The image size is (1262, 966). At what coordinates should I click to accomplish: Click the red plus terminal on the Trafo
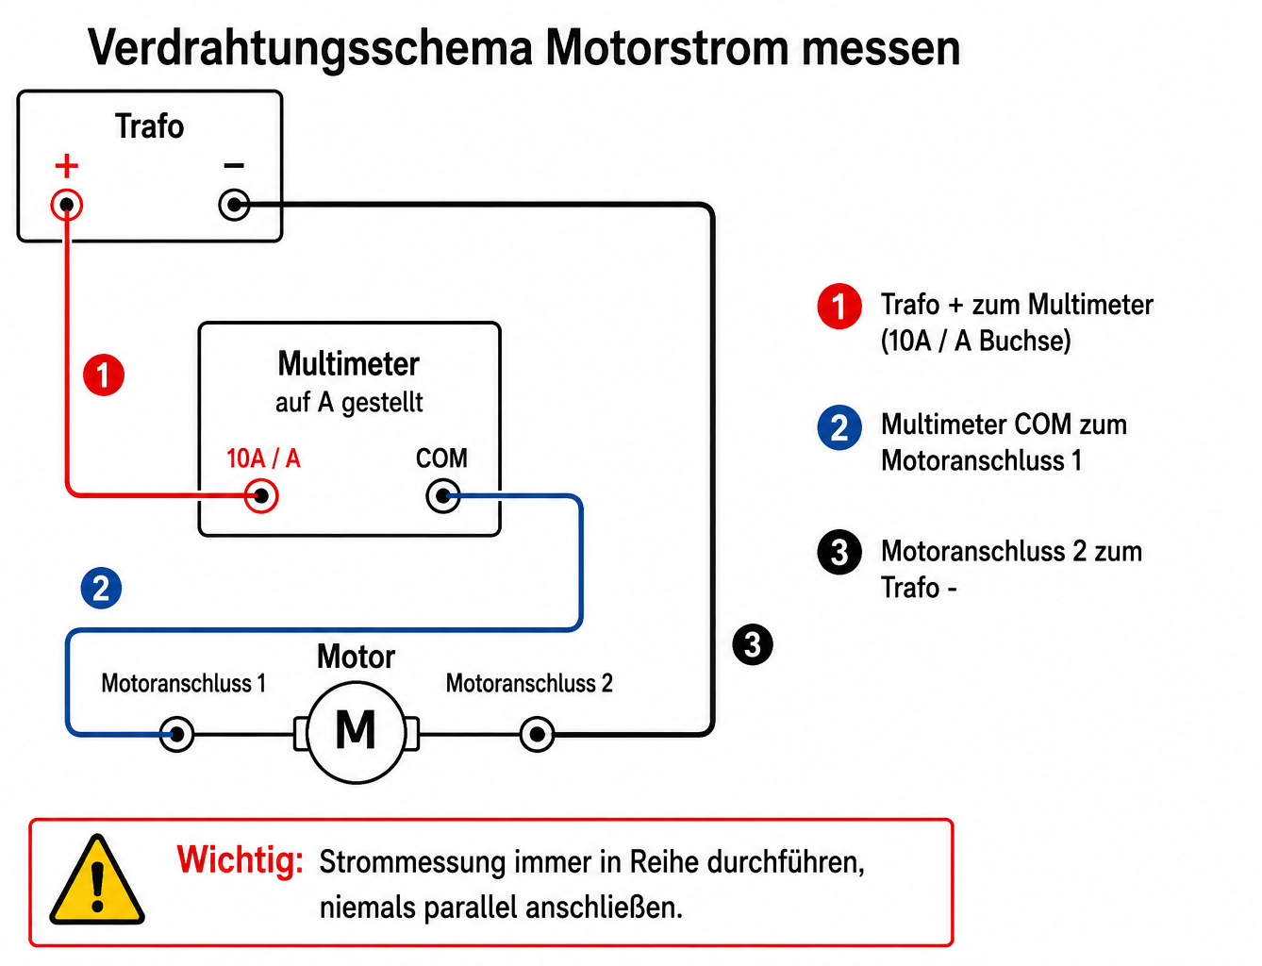point(67,205)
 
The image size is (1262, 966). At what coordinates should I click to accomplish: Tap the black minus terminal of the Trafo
point(234,205)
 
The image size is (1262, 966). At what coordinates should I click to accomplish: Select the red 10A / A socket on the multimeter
point(261,495)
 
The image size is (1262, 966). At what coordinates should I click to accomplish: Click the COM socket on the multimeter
point(442,495)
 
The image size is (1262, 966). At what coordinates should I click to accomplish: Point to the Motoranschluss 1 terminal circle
point(177,734)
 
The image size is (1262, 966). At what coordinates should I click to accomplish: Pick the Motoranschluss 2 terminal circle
point(537,734)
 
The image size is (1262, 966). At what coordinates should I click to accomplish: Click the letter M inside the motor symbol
point(356,729)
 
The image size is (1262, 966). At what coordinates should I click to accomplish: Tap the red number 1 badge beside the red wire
point(104,375)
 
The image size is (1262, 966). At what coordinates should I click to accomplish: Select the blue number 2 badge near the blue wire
point(101,589)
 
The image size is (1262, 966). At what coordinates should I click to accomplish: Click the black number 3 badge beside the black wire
point(753,644)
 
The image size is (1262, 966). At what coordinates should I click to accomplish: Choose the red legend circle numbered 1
point(839,306)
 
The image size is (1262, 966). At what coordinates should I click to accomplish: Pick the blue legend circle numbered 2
point(839,427)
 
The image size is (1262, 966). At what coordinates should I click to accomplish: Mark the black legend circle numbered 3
point(839,552)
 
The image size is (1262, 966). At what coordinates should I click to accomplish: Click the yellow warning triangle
point(97,879)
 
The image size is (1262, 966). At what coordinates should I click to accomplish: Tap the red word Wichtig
point(240,861)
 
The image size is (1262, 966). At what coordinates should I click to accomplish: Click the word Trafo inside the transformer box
point(149,125)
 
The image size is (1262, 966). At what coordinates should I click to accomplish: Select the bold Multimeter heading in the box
point(348,364)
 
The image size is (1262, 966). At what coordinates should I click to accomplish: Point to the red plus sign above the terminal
point(67,166)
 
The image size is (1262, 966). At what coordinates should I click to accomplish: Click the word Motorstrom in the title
point(667,48)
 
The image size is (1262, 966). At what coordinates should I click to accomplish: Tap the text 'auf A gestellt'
point(349,403)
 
